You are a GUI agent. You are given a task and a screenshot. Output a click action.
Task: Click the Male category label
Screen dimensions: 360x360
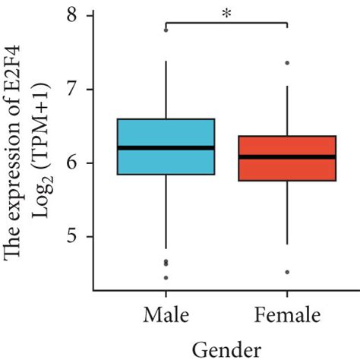point(166,314)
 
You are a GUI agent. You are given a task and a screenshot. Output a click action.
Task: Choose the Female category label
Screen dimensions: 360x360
point(287,314)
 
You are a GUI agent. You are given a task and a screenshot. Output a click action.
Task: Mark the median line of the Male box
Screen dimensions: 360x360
point(166,147)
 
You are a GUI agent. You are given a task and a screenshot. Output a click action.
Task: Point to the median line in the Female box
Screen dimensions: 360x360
point(287,157)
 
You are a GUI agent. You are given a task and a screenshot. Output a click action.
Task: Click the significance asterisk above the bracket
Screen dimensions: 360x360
point(226,14)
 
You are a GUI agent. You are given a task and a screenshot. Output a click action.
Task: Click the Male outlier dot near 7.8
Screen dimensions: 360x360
point(166,30)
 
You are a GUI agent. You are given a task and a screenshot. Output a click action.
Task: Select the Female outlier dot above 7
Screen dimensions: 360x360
point(287,63)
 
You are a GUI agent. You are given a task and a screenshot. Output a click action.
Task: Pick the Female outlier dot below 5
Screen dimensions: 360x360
point(287,272)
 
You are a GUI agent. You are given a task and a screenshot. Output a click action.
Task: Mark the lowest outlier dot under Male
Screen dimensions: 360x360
point(166,278)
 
